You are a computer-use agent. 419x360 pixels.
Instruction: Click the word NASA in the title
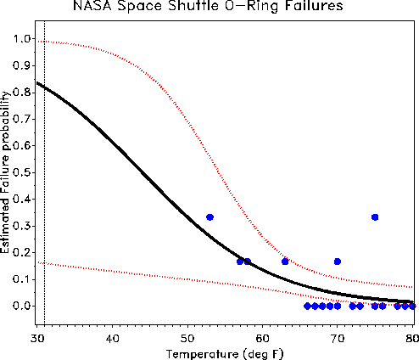click(92, 6)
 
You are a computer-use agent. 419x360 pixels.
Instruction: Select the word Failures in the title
click(314, 6)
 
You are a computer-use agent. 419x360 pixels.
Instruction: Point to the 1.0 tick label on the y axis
click(22, 38)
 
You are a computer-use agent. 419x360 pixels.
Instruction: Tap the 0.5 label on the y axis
click(22, 172)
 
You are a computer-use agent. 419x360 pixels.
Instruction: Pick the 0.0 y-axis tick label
click(22, 306)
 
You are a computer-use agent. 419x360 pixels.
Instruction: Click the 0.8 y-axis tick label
click(22, 92)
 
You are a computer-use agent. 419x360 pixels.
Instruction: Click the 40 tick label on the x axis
click(112, 338)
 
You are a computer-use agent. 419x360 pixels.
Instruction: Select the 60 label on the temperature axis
click(262, 338)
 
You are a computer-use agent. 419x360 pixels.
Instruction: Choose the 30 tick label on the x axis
click(37, 338)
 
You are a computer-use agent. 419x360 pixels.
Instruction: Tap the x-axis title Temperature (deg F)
click(225, 354)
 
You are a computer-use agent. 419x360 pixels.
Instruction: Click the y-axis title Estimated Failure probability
click(5, 172)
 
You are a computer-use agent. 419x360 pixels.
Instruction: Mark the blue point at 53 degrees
click(209, 217)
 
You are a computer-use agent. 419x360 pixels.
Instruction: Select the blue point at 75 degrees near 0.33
click(375, 217)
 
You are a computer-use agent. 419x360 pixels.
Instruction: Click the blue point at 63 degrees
click(285, 262)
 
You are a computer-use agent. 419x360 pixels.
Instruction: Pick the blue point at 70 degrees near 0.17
click(338, 262)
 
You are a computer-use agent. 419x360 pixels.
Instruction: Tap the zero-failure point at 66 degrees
click(307, 306)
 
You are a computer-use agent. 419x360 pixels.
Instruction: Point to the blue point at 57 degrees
click(240, 262)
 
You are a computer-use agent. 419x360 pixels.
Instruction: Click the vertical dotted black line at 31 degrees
click(45, 172)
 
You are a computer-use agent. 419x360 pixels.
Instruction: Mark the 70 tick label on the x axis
click(337, 338)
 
